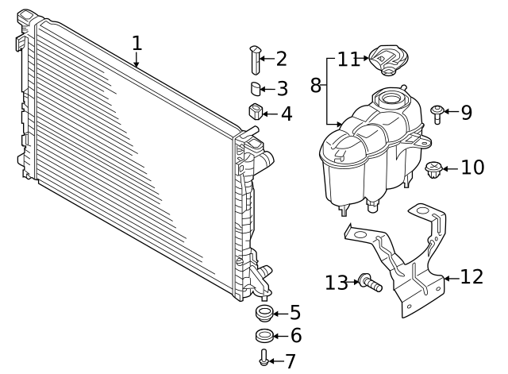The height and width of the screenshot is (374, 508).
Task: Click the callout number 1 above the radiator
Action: [x=137, y=43]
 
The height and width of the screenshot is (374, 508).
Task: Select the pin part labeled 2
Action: [x=256, y=60]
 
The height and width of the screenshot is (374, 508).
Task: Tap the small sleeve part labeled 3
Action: [x=256, y=89]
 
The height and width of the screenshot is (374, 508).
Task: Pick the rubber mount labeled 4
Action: [x=256, y=111]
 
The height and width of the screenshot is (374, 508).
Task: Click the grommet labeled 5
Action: [x=264, y=314]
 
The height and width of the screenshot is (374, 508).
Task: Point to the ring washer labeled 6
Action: [x=264, y=336]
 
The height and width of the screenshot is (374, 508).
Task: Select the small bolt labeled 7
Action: [x=264, y=357]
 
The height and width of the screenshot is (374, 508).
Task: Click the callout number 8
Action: [x=316, y=86]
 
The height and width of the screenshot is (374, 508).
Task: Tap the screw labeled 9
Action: [x=437, y=114]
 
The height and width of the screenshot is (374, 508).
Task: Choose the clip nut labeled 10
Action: [x=433, y=170]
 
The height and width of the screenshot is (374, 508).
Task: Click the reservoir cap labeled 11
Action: [x=388, y=60]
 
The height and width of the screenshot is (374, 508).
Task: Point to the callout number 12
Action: [x=471, y=277]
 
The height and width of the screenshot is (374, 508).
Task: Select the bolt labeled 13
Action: [x=371, y=283]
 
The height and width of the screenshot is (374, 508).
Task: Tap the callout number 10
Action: [x=472, y=168]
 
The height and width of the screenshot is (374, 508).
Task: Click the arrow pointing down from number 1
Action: [x=137, y=60]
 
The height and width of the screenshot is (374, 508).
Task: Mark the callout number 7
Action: [x=291, y=361]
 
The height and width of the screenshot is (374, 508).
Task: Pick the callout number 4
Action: [x=287, y=114]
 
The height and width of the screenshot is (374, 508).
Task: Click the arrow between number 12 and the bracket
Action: [x=452, y=279]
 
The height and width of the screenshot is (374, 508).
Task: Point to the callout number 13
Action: [x=337, y=283]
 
